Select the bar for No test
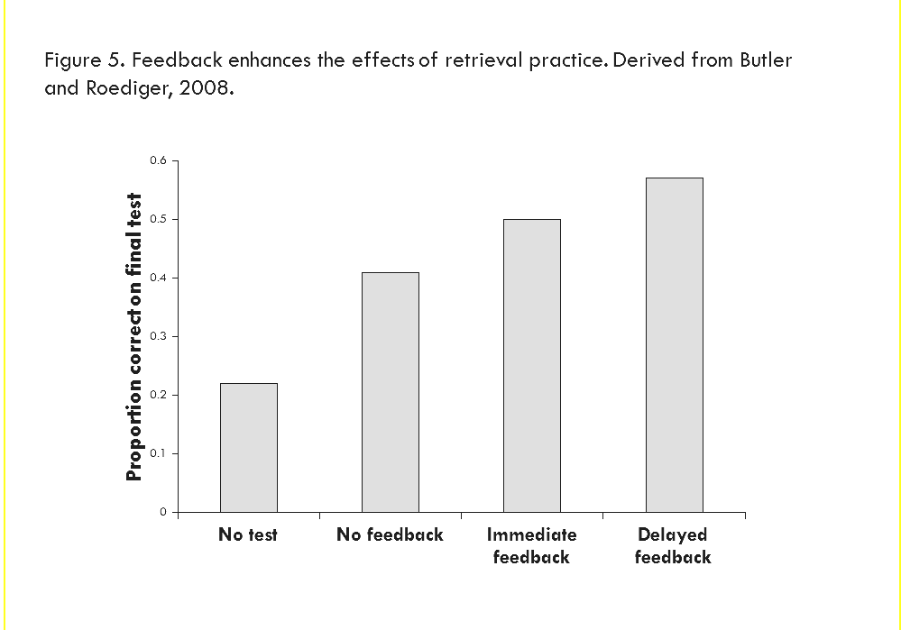[249, 447]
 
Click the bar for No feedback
[390, 392]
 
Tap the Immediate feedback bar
[531, 365]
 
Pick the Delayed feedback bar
[674, 344]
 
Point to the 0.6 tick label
[159, 160]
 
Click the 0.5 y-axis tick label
[159, 219]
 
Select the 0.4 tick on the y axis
[159, 278]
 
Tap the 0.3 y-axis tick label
[159, 336]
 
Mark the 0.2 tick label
[159, 395]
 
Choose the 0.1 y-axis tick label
[159, 453]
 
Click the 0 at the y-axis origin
[163, 512]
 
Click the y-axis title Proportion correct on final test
[134, 336]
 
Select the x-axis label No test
[248, 534]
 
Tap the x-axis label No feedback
[390, 534]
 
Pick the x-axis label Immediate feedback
[531, 545]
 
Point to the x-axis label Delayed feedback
[673, 545]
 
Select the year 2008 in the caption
[200, 91]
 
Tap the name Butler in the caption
[764, 60]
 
